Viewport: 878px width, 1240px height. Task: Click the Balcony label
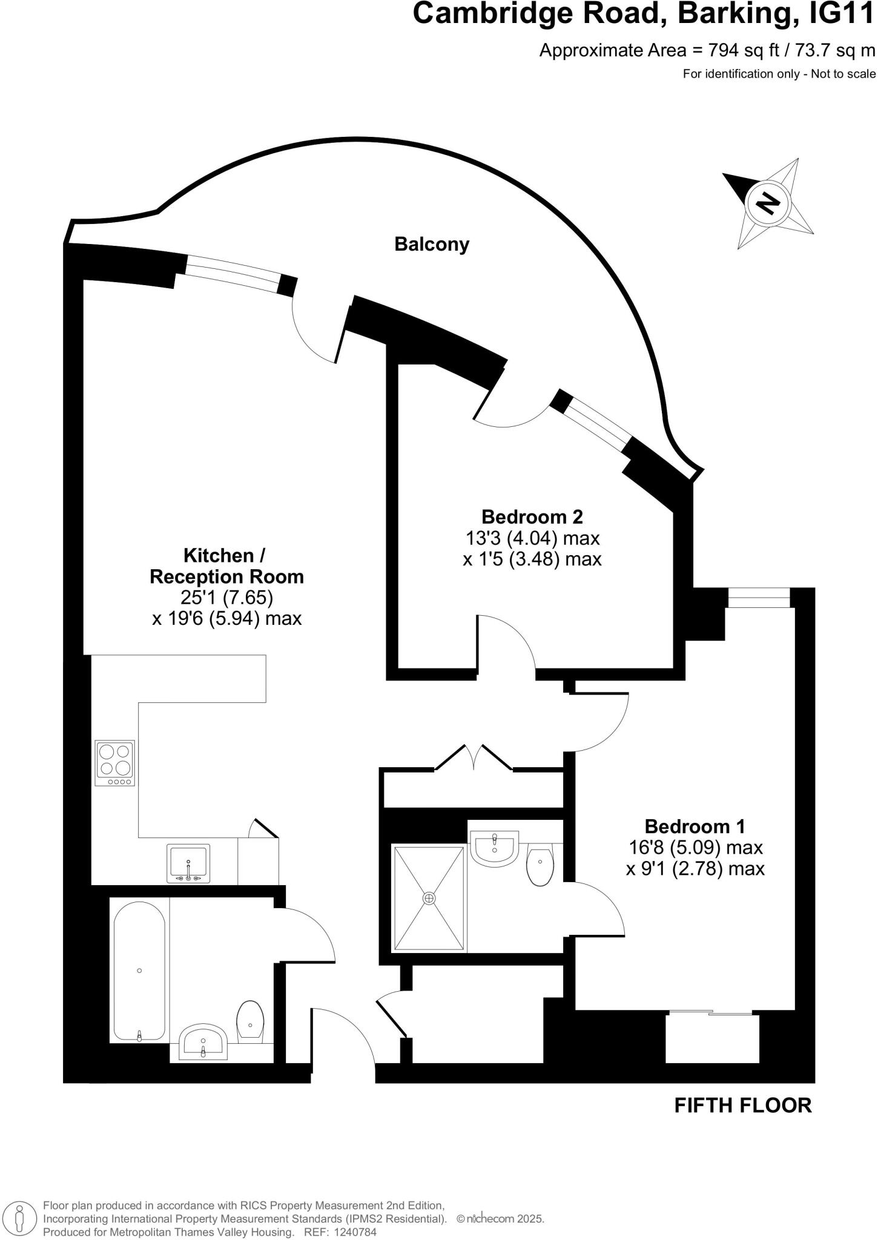click(x=432, y=245)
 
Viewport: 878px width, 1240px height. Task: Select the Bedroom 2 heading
click(x=532, y=516)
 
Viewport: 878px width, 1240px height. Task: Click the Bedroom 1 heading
click(x=695, y=826)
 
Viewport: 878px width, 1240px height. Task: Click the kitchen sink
click(x=188, y=863)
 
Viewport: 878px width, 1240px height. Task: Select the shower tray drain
click(x=429, y=898)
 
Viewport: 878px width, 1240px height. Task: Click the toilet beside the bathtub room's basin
click(x=250, y=1021)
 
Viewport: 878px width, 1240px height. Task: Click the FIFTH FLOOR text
click(x=742, y=1106)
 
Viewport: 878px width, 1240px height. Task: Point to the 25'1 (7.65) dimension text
click(x=226, y=598)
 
